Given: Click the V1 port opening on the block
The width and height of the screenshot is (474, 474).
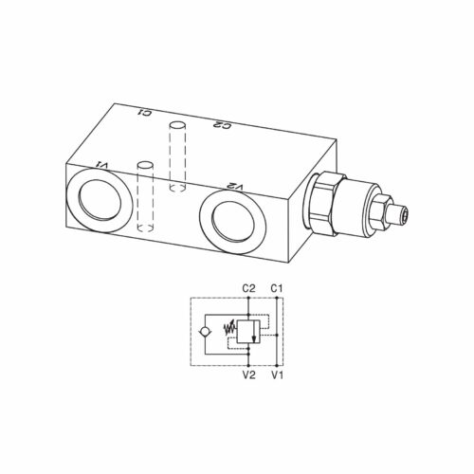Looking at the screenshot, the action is tap(99, 201).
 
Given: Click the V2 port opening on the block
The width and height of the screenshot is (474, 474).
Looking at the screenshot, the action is tap(232, 223).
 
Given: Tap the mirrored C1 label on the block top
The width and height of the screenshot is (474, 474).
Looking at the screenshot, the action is tap(144, 112).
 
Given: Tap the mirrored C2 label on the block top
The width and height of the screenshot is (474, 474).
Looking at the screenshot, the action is tap(223, 125).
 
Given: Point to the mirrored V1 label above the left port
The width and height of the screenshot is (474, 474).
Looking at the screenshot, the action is tap(103, 165).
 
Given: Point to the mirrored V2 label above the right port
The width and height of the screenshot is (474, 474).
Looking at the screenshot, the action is tap(236, 187).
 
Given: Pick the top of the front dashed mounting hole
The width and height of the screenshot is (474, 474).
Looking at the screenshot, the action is tap(145, 165).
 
